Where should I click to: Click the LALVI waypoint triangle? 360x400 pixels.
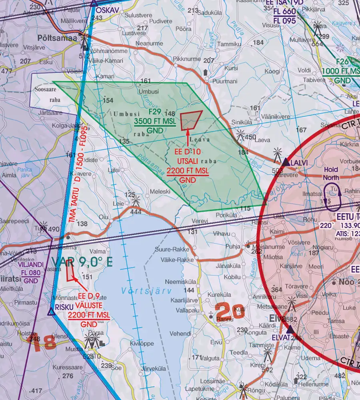tap(286, 162)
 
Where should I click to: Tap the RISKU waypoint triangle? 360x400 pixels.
tap(51, 312)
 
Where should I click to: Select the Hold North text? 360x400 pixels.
tap(331, 173)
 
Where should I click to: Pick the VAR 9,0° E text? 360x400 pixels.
tap(82, 262)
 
